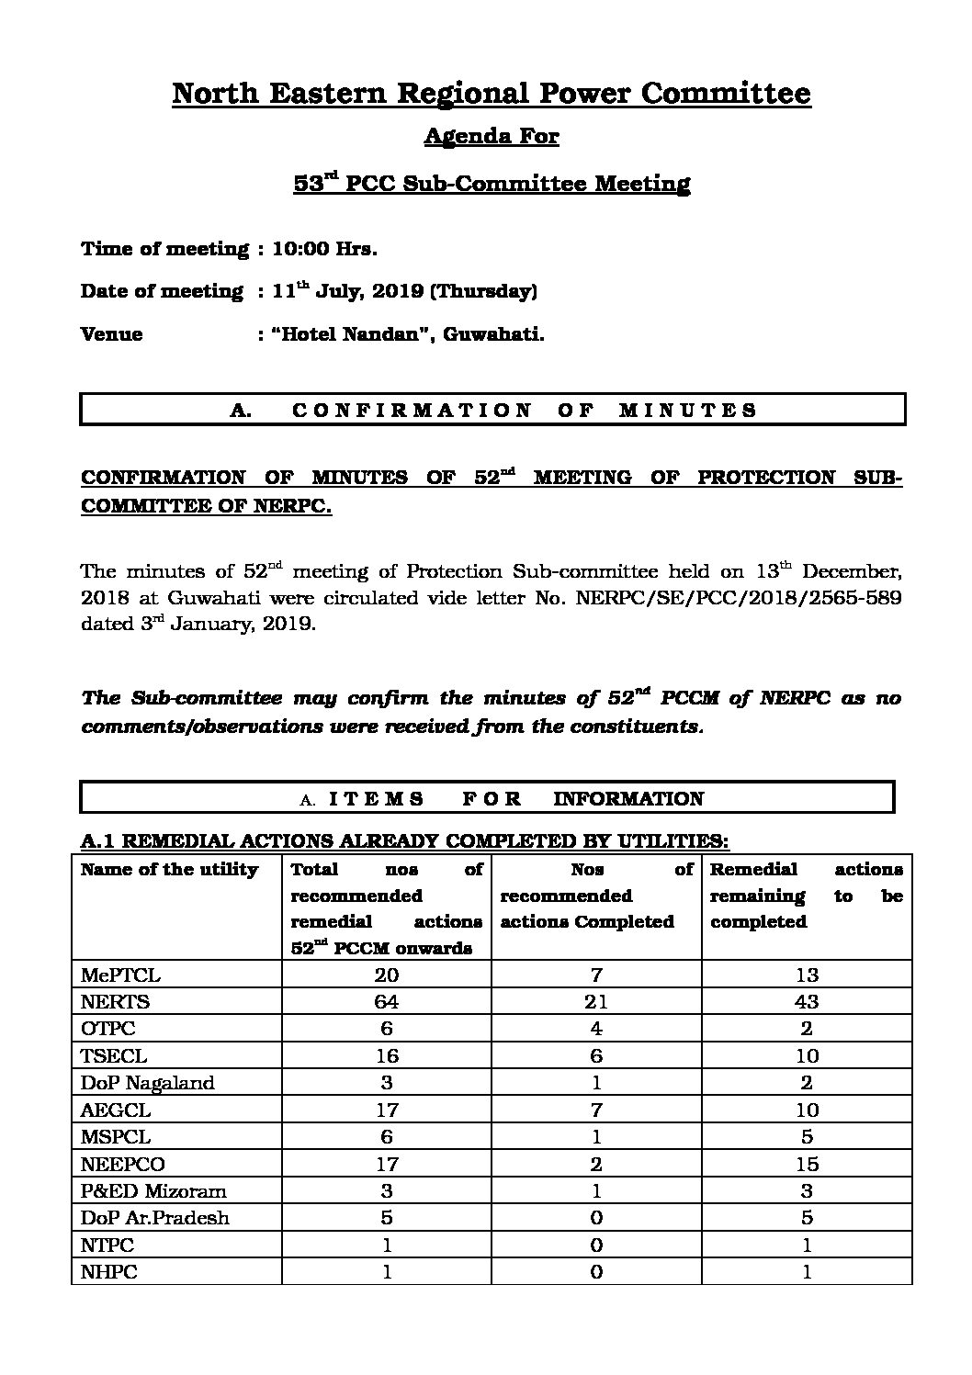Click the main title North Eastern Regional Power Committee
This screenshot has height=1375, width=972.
(492, 94)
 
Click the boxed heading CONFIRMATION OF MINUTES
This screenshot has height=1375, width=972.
(492, 411)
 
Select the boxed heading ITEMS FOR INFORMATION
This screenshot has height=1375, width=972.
(502, 799)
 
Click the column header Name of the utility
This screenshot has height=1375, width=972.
(170, 870)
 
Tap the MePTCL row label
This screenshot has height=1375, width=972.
(120, 975)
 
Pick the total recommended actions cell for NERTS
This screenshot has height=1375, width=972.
(387, 1002)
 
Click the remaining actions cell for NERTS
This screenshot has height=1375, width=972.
(807, 1002)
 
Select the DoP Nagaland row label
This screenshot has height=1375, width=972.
(148, 1083)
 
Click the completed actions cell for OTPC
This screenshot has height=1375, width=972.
(596, 1029)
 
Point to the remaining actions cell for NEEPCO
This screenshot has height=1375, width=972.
(807, 1164)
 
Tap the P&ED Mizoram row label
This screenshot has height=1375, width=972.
(154, 1191)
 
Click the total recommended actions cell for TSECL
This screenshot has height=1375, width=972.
(387, 1056)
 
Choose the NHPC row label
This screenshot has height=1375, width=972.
(108, 1272)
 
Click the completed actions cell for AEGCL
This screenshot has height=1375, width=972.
(596, 1110)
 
